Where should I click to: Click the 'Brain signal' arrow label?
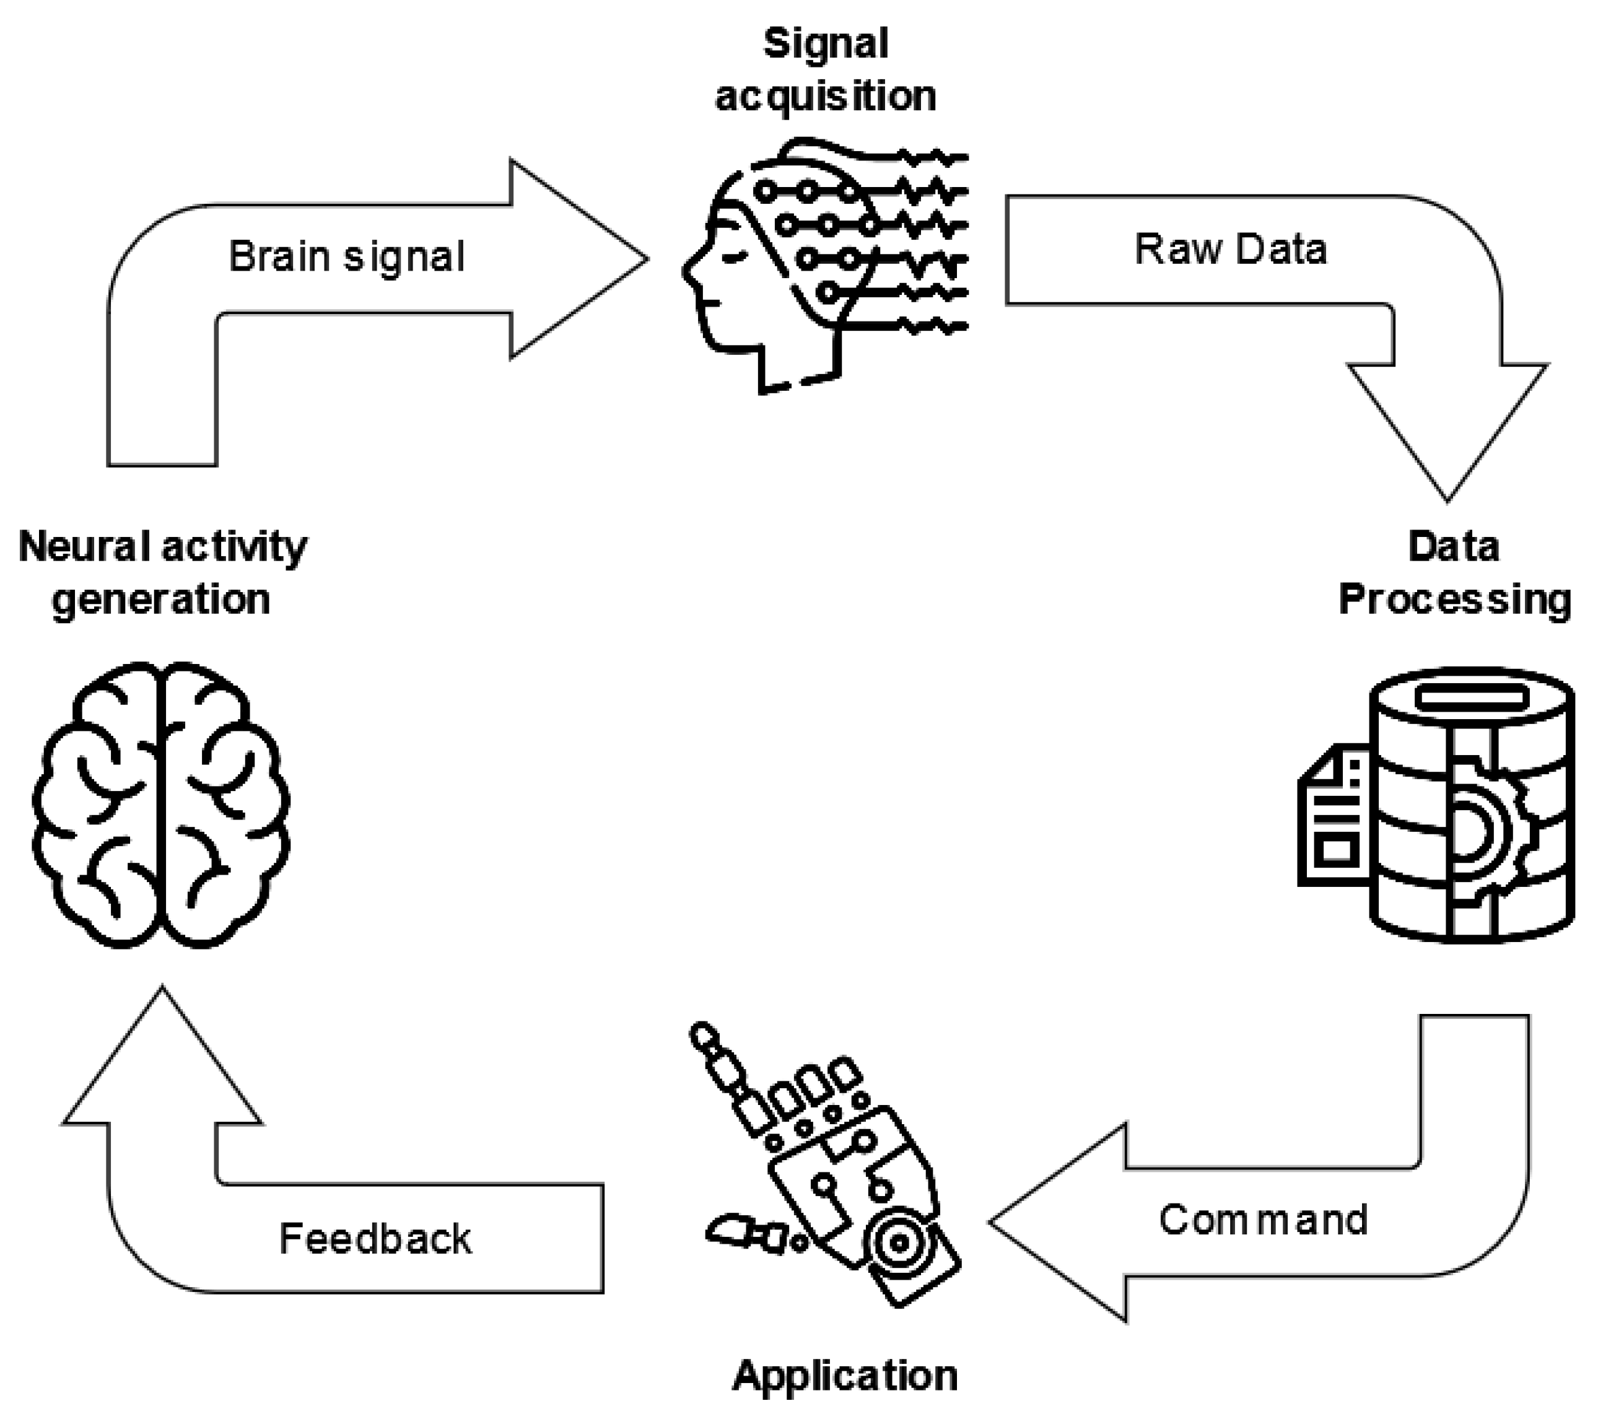(346, 256)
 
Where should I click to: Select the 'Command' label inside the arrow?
(1263, 1220)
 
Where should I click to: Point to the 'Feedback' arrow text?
(375, 1239)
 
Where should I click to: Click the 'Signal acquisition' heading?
(826, 71)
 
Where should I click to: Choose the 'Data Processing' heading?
(1454, 573)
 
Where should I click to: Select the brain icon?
(161, 805)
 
